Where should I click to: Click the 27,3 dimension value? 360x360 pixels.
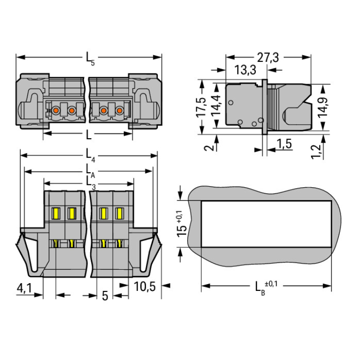pos(268,58)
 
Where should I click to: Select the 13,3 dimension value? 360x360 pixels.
pos(245,70)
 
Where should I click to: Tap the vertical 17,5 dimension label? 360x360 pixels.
pos(201,107)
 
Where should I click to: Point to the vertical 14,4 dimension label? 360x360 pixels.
pos(216,105)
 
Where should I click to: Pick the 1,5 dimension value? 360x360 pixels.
pos(284,144)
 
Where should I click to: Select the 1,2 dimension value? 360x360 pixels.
pos(316,152)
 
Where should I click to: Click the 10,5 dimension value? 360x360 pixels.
pos(144,287)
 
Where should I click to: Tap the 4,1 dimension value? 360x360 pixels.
pos(24,288)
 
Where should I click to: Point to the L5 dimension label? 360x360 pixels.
pos(90,59)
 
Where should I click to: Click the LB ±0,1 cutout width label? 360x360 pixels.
pos(266,288)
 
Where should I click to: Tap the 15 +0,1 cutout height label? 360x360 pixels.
pos(181,224)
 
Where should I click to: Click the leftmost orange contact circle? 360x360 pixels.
pos(56,111)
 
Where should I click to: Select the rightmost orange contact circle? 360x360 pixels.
pos(119,111)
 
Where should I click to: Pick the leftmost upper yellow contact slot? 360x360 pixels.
pos(56,213)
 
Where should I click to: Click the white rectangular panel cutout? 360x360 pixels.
pos(266,224)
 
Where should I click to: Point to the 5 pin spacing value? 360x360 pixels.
pos(105,296)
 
